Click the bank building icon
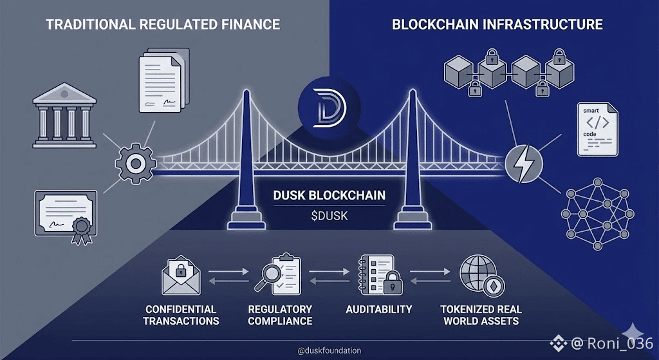click(x=64, y=115)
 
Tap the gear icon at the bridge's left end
click(x=135, y=164)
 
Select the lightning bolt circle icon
click(x=523, y=164)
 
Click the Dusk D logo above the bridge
click(x=329, y=108)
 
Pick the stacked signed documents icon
click(x=164, y=80)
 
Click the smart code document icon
click(x=597, y=129)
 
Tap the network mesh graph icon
click(x=597, y=214)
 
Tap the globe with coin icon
click(x=482, y=276)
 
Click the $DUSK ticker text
click(x=329, y=216)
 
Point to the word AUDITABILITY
click(x=378, y=310)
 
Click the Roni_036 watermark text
click(x=620, y=343)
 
